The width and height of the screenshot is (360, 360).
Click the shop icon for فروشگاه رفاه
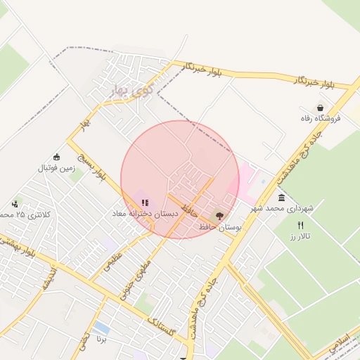click(321, 108)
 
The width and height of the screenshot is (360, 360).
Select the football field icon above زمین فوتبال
click(57, 157)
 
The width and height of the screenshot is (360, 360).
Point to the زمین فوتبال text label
click(56, 168)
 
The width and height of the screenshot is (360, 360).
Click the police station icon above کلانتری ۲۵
click(15, 204)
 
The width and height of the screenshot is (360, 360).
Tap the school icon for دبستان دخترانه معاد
click(145, 202)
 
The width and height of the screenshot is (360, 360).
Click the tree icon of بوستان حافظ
click(219, 217)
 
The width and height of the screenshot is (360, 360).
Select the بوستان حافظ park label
click(220, 227)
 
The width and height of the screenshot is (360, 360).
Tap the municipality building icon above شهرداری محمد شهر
click(281, 198)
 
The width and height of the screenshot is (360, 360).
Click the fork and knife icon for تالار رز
click(301, 226)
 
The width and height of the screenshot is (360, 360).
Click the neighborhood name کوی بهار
click(131, 90)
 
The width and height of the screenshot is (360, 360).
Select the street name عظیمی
click(113, 261)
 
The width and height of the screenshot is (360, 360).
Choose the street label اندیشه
click(49, 277)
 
